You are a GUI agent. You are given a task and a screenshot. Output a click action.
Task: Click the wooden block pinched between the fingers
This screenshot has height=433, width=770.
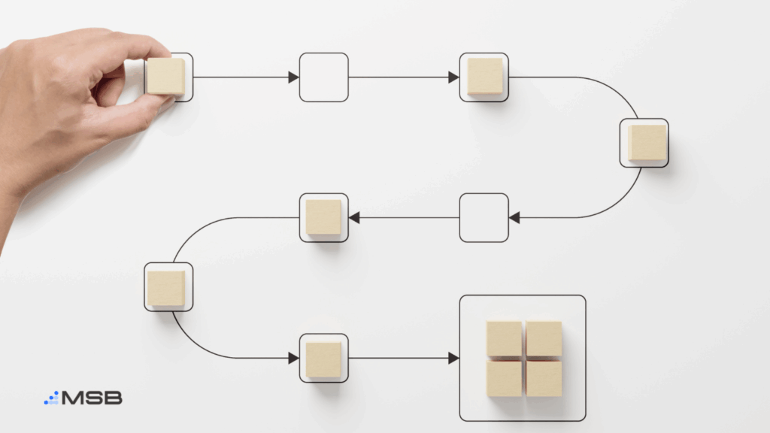click(166, 76)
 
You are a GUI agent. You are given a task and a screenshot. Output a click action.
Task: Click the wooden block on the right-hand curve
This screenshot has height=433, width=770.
click(647, 142)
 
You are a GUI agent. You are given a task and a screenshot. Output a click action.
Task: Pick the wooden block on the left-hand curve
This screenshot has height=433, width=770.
click(166, 288)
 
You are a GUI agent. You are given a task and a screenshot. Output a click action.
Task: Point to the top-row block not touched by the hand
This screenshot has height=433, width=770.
click(485, 76)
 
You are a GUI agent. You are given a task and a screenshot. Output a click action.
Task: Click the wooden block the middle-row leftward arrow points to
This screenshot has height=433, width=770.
click(323, 217)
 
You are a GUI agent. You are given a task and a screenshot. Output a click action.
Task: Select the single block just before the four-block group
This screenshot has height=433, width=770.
click(323, 360)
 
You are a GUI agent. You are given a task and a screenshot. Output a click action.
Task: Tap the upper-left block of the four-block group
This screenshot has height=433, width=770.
click(505, 339)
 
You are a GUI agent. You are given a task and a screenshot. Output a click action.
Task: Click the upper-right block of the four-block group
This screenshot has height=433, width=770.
click(544, 339)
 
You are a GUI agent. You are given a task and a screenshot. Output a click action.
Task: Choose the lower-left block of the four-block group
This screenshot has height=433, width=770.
click(505, 379)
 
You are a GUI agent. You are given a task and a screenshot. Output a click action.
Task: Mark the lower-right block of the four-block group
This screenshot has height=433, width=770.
click(544, 379)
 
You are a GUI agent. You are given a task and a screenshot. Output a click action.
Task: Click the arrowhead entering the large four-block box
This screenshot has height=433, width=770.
click(453, 358)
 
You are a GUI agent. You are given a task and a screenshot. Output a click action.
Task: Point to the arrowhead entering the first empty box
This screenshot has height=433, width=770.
click(294, 77)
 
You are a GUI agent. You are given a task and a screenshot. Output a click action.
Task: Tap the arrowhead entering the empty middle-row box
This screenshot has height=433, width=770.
click(514, 217)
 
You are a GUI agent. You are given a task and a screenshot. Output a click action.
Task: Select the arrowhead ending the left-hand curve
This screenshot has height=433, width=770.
click(294, 358)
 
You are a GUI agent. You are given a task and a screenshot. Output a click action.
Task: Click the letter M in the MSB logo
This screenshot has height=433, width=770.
click(74, 398)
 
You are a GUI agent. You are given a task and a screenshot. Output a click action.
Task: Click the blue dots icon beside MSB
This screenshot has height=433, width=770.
click(52, 398)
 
